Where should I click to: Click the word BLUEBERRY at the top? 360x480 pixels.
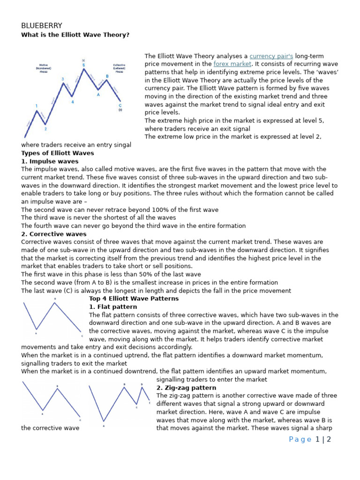[41, 25]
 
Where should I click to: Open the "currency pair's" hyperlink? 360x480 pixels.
[271, 56]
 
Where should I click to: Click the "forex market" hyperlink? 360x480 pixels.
[232, 64]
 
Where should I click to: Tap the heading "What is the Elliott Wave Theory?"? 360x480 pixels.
[75, 35]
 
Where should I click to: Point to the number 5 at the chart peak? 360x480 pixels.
[84, 65]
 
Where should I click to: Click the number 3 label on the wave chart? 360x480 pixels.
[63, 79]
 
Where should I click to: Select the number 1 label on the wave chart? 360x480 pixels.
[37, 106]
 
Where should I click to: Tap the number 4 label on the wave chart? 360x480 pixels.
[72, 101]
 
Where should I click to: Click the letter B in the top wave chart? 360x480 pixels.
[107, 75]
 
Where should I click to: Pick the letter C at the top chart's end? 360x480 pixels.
[120, 105]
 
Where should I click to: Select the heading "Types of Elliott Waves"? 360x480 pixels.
[58, 153]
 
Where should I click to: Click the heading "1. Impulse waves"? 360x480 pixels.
[50, 161]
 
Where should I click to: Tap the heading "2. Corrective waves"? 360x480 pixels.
[54, 234]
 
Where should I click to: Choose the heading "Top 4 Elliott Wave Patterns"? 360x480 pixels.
[134, 299]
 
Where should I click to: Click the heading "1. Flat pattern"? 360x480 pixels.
[112, 307]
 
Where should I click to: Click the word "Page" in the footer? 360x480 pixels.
[300, 439]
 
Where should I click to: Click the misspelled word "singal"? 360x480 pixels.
[121, 145]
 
